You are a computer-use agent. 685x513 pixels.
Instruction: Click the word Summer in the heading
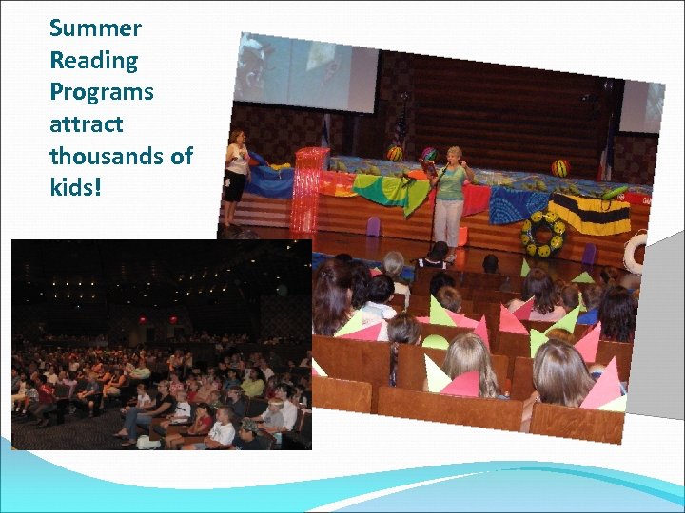coord(95,28)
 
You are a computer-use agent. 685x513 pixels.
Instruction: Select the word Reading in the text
coord(93,61)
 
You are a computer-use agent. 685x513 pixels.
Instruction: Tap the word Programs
coord(101,93)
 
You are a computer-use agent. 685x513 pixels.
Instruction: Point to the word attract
coord(87,124)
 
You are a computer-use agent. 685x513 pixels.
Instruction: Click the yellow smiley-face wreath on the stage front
coord(543,232)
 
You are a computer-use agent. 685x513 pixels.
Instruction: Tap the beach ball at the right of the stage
coord(561,168)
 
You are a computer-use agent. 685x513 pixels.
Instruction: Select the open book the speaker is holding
coord(429,167)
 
